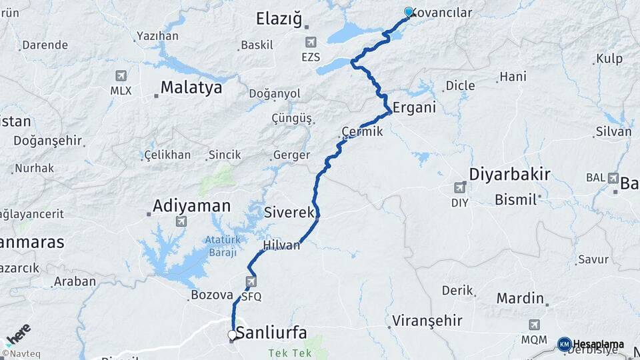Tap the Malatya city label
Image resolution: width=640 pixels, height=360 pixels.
[191, 87]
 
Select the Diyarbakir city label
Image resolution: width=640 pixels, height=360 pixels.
[509, 175]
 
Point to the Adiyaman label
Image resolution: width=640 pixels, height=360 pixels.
[191, 205]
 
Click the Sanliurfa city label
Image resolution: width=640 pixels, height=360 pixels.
[271, 333]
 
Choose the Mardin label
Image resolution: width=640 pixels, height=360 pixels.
[520, 298]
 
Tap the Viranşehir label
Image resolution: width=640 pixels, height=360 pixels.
[427, 321]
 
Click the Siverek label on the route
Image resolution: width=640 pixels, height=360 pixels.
[289, 213]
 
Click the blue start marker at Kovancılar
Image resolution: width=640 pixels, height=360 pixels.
[409, 12]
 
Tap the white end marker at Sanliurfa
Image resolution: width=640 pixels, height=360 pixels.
[232, 335]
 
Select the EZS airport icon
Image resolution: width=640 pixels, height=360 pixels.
[311, 43]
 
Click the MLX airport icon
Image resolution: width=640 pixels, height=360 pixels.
[121, 76]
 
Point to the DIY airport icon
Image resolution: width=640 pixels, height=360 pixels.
[459, 187]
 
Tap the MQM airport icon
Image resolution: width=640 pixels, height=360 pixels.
[534, 325]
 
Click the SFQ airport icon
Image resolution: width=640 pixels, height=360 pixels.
[251, 281]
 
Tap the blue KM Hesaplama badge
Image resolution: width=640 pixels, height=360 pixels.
[564, 344]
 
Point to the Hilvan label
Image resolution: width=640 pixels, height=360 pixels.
[281, 246]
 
